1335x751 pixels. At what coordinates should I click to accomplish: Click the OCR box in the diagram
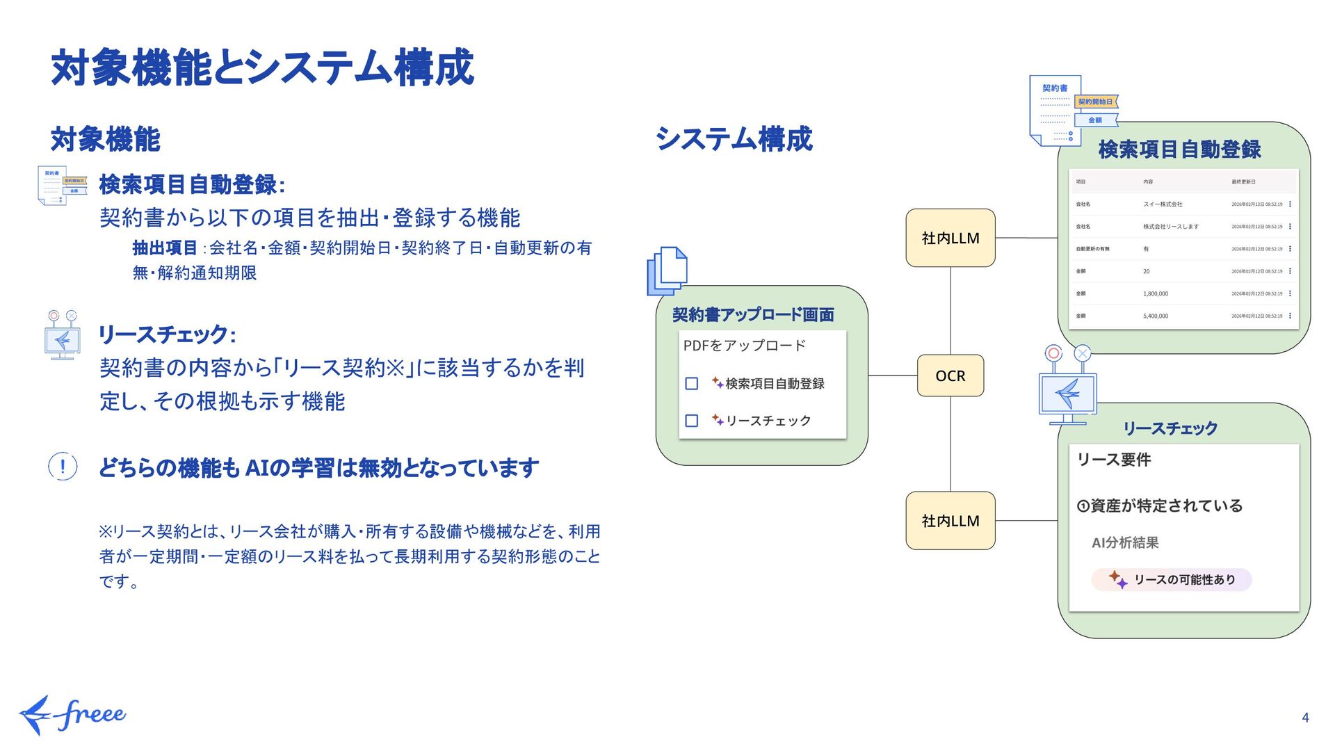(x=950, y=375)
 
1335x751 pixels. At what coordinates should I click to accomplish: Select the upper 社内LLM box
(x=950, y=238)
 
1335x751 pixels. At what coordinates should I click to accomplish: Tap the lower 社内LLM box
(x=950, y=521)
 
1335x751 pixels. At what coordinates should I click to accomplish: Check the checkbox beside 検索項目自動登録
(x=692, y=384)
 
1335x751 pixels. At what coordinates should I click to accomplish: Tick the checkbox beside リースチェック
(x=692, y=421)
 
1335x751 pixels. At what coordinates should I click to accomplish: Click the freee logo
(x=72, y=714)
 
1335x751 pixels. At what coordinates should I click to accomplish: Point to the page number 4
(x=1305, y=718)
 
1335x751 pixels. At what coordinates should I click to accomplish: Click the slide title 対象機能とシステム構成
(x=262, y=68)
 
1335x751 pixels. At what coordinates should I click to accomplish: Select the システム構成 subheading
(x=734, y=138)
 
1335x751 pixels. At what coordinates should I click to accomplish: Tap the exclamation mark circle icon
(x=63, y=467)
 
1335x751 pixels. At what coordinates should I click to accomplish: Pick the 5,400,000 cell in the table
(x=1156, y=316)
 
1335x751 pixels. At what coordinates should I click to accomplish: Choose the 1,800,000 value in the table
(x=1156, y=293)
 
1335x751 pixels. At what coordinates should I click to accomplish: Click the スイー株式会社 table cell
(x=1163, y=204)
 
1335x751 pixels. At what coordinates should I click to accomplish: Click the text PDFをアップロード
(x=744, y=346)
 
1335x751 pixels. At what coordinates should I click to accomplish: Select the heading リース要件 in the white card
(x=1114, y=460)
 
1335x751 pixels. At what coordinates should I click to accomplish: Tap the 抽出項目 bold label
(x=165, y=248)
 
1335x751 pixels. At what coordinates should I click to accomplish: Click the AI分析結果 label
(x=1125, y=543)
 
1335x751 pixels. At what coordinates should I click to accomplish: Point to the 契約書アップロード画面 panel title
(x=753, y=315)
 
